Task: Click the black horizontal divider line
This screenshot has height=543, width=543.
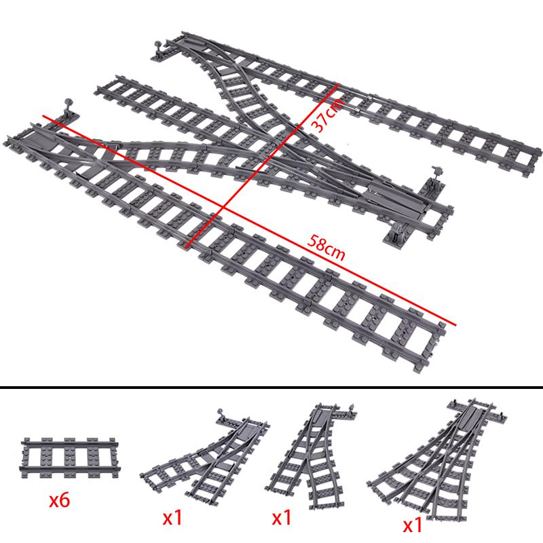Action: pyautogui.click(x=271, y=388)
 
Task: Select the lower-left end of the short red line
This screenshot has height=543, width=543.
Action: pyautogui.click(x=185, y=244)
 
